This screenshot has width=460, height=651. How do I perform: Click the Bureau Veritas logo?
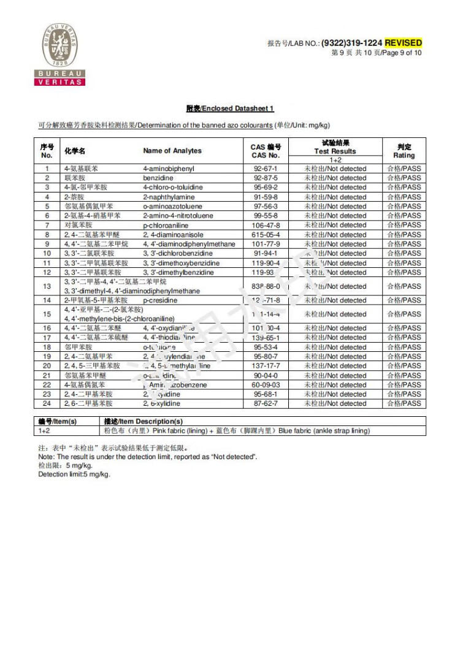coord(59,54)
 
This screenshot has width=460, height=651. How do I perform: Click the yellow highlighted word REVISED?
coord(403,43)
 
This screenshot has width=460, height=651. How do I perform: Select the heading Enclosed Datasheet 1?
coord(230,108)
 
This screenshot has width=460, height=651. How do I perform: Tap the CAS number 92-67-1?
coord(266,169)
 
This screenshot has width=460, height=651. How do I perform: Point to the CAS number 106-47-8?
coord(266,225)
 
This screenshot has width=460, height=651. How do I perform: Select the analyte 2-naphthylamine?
coord(169,197)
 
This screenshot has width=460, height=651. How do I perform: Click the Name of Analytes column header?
coord(172,151)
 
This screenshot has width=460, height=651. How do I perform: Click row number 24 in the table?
coord(47,404)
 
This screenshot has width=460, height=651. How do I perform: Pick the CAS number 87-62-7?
coord(266,404)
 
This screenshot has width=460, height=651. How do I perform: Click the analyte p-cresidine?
coord(160,300)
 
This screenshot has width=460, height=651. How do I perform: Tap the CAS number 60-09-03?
coord(266,385)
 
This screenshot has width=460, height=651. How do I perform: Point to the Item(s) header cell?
coord(57,422)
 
